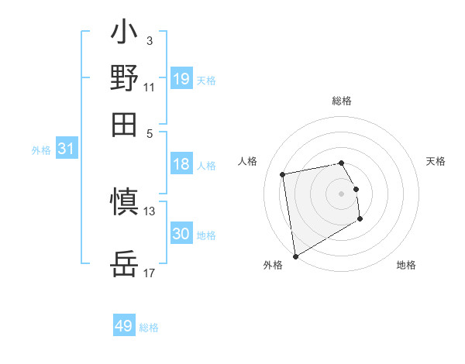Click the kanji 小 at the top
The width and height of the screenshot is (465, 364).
(x=125, y=35)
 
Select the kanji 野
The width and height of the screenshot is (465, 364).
(x=125, y=79)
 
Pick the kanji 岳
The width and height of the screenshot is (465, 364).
(x=125, y=266)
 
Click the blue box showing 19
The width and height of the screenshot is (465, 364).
(x=181, y=78)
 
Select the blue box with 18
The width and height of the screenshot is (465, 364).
(x=181, y=164)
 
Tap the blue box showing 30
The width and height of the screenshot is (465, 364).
(x=181, y=234)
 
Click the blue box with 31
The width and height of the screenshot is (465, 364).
(x=66, y=149)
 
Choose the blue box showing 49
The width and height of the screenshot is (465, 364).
(x=124, y=326)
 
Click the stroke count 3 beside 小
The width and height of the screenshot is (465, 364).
(x=149, y=40)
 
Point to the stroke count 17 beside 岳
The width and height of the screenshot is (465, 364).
(x=150, y=273)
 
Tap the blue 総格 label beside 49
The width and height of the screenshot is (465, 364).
(x=149, y=328)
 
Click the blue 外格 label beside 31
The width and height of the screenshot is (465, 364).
(x=41, y=150)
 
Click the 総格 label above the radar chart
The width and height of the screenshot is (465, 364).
(x=342, y=101)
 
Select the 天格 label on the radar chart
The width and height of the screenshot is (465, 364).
(x=436, y=161)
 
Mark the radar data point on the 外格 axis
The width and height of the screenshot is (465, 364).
(x=295, y=256)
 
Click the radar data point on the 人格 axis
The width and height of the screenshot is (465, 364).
(x=283, y=173)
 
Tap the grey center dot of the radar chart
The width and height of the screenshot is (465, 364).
(x=342, y=193)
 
